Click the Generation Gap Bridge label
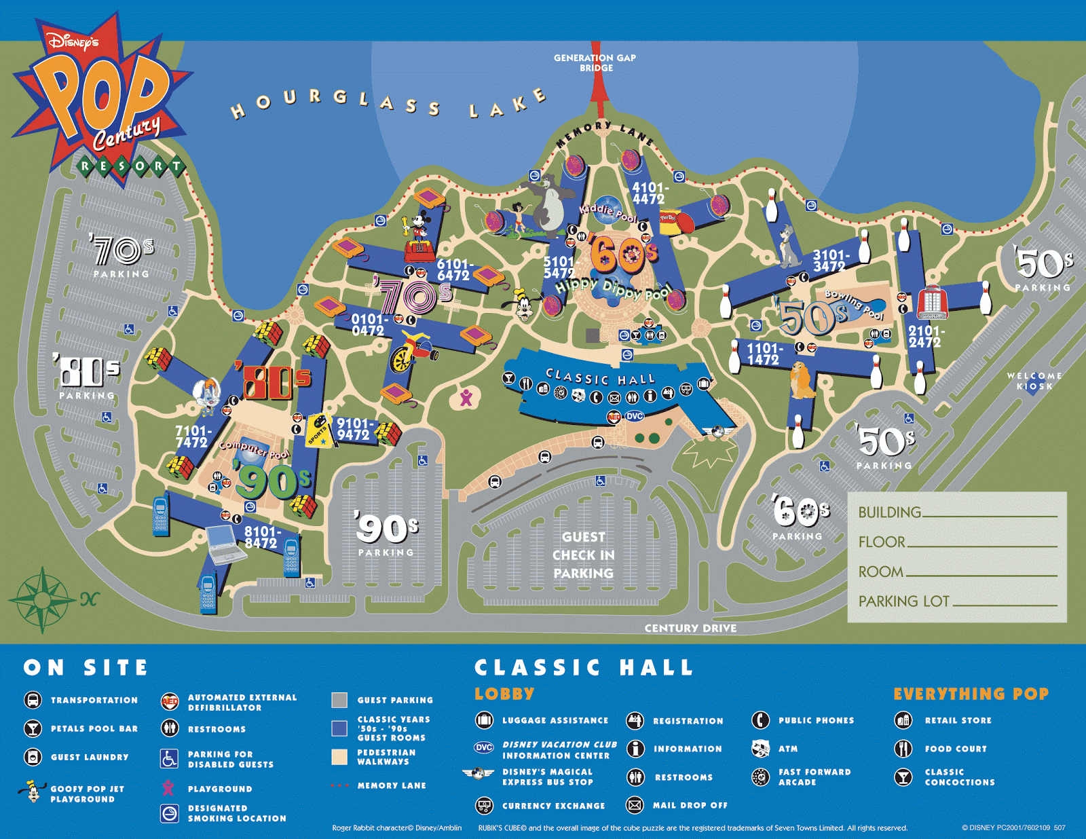[595, 62]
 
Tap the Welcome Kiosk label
[1034, 381]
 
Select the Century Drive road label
[690, 629]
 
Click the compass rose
[42, 599]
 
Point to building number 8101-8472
[261, 538]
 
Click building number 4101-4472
[649, 193]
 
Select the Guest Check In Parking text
[583, 555]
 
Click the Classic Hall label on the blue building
[600, 378]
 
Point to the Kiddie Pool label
[607, 212]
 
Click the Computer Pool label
[254, 449]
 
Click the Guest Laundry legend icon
[33, 757]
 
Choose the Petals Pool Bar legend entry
[94, 728]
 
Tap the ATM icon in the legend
[760, 749]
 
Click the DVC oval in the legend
[483, 747]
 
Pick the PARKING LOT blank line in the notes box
[1005, 604]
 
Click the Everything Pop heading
[971, 694]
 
